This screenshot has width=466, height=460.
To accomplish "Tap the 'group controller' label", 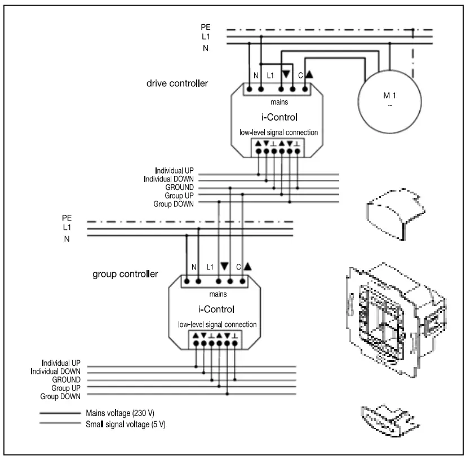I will [125, 275].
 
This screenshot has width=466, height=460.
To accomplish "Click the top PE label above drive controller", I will [206, 26].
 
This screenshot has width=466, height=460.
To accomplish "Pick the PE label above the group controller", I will [67, 218].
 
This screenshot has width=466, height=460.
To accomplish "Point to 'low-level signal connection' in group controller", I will [218, 325].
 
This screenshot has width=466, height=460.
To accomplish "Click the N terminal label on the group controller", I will [193, 267].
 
